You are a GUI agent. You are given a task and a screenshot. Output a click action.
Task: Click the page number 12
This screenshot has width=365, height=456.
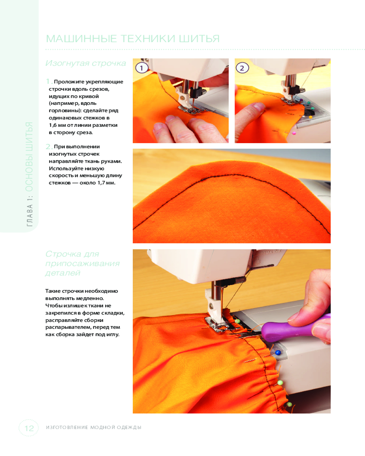(x=29, y=428)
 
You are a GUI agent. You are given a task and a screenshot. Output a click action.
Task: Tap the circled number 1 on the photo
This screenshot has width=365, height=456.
(x=142, y=68)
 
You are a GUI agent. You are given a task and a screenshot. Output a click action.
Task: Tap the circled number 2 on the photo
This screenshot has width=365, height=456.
(x=242, y=68)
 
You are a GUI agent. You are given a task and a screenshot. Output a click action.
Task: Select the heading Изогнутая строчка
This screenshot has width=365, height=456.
(x=86, y=63)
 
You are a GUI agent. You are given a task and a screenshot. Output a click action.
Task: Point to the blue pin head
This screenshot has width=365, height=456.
(x=278, y=353)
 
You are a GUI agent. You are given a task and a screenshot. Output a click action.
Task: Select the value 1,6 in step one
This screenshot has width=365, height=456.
(x=52, y=125)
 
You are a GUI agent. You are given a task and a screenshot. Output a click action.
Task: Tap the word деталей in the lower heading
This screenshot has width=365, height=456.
(x=63, y=273)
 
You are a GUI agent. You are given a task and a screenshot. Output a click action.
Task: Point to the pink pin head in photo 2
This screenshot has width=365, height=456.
(x=294, y=133)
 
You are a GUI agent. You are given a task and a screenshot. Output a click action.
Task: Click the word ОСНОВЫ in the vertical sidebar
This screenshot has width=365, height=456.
(x=29, y=172)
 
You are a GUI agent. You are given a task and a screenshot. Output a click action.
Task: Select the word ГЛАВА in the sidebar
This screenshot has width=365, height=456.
(x=29, y=216)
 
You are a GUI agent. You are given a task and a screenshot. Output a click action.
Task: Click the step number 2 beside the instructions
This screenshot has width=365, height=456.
(x=48, y=146)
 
